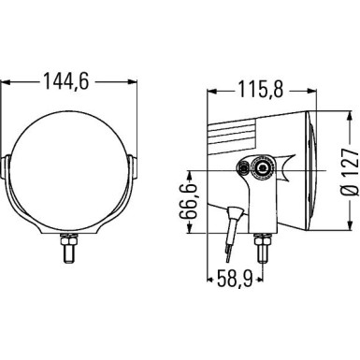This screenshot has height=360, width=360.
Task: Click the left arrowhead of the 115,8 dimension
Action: pyautogui.click(x=209, y=91)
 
